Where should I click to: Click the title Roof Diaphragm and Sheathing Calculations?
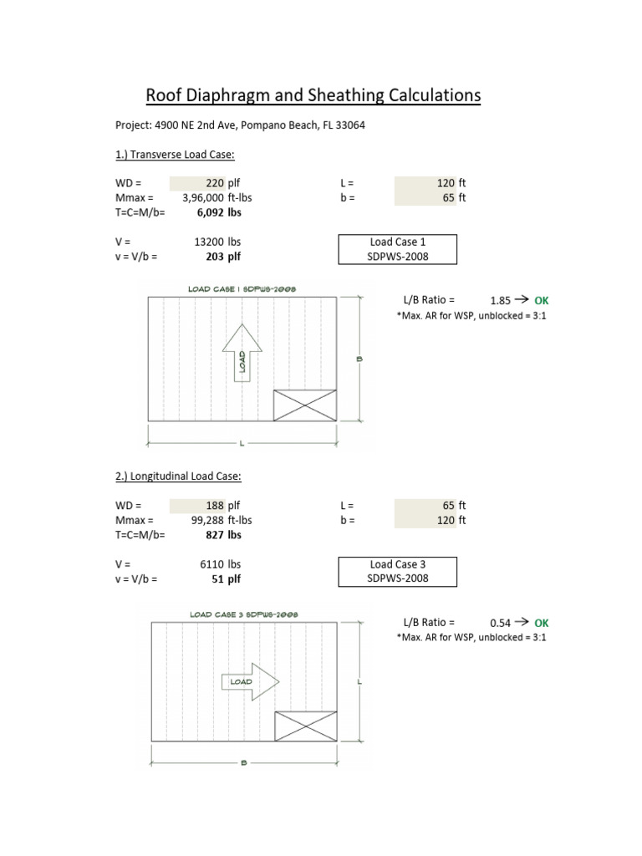[x=313, y=96]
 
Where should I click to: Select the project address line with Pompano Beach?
[x=240, y=125]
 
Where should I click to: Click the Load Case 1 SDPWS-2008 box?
[x=398, y=249]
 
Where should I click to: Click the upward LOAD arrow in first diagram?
[x=242, y=351]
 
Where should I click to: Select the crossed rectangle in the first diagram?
[x=305, y=405]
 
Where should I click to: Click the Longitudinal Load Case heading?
[x=178, y=476]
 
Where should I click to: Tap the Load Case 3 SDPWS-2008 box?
[x=398, y=572]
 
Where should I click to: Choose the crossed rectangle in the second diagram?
[x=306, y=726]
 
